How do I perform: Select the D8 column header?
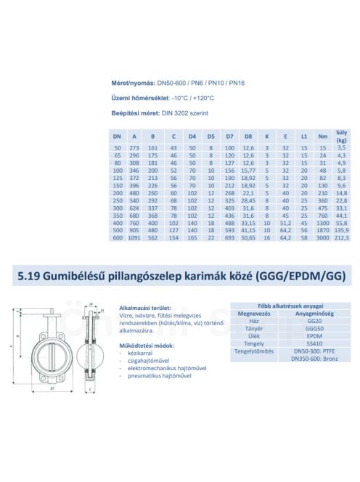[x=248, y=135]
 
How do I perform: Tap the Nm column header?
[x=323, y=135]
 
